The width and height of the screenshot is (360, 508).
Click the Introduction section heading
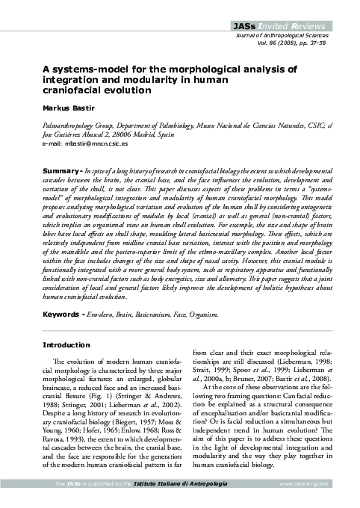pos(66,346)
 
